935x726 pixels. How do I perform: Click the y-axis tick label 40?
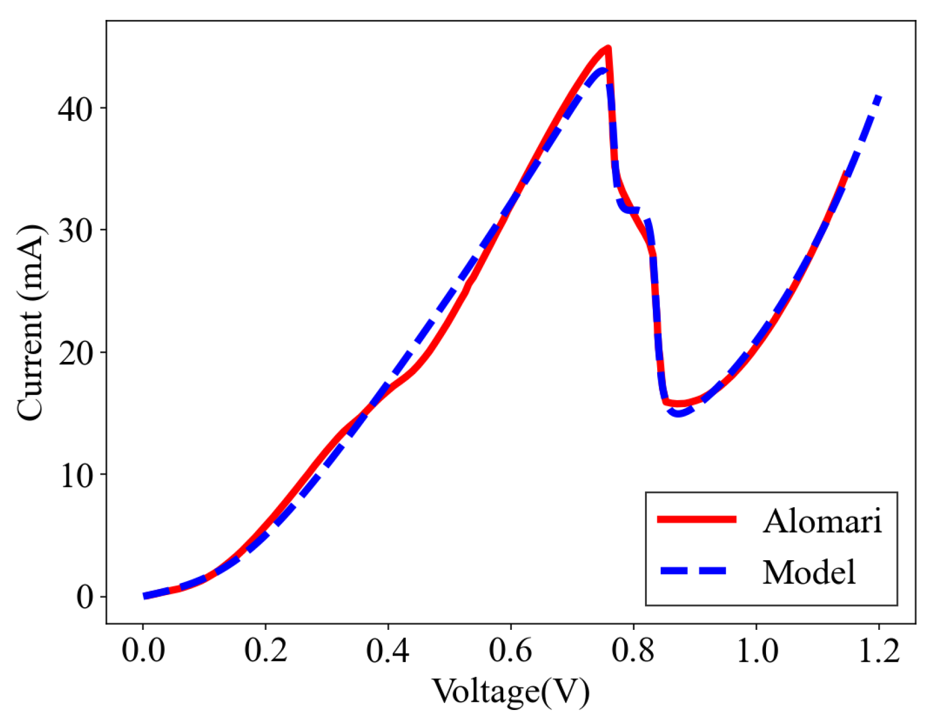(75, 109)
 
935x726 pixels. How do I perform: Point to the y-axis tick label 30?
(75, 231)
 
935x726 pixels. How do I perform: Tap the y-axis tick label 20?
(75, 353)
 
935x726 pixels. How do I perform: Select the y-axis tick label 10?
(75, 475)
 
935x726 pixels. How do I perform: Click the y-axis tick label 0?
(84, 597)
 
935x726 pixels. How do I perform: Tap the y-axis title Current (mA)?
(29, 322)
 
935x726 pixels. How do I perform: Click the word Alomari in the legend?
(822, 520)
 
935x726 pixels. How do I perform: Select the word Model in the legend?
(809, 572)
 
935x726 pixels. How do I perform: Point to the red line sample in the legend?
(697, 519)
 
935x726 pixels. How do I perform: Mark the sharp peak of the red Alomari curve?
(608, 48)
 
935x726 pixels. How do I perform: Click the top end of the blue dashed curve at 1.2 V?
(879, 97)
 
